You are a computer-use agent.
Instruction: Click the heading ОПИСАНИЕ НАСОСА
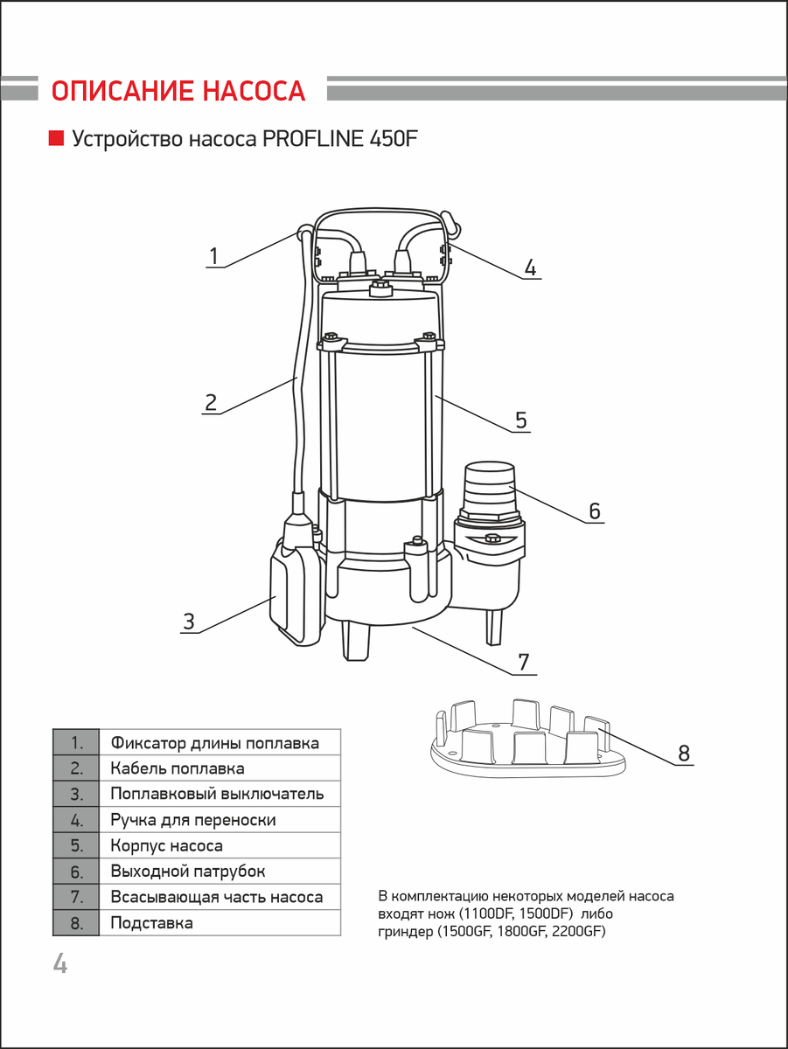[x=178, y=92]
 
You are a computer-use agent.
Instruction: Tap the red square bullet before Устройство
[x=56, y=138]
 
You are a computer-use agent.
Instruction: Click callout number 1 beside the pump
[x=213, y=256]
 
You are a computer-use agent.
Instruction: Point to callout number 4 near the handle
[x=529, y=267]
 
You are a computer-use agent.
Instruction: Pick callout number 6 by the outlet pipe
[x=595, y=511]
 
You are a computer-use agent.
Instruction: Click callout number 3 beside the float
[x=188, y=622]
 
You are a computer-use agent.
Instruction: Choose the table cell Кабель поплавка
[x=178, y=769]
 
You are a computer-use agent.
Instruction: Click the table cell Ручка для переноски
[x=193, y=821]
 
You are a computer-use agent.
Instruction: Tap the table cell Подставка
[x=152, y=923]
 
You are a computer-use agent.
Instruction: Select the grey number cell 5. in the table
[x=76, y=846]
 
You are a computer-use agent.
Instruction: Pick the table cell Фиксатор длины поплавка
[x=214, y=744]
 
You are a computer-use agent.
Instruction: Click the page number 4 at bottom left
[x=59, y=964]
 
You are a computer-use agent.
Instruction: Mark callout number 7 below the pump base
[x=523, y=663]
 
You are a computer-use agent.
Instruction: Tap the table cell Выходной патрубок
[x=188, y=872]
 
